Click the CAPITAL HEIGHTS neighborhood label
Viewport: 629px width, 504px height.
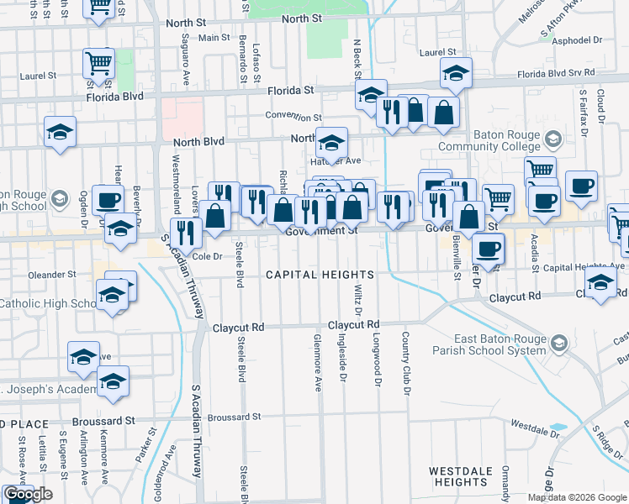coord(320,275)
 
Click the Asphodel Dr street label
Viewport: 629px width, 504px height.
coord(575,39)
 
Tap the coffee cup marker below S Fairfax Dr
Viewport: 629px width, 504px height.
coord(581,186)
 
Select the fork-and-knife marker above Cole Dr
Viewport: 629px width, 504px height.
coord(186,232)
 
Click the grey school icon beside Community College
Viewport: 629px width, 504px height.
coord(552,138)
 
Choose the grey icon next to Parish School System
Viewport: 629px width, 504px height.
coord(561,343)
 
